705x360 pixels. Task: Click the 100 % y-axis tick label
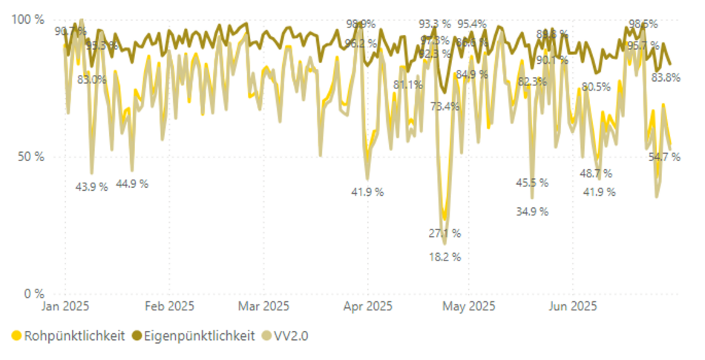click(x=27, y=19)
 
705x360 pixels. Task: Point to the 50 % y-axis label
click(x=30, y=157)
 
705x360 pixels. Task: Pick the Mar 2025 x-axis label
click(x=264, y=306)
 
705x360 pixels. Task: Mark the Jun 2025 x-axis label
click(x=572, y=306)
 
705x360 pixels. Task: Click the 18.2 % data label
click(x=445, y=258)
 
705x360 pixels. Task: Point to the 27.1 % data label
click(x=445, y=233)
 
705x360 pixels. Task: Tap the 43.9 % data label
click(x=91, y=187)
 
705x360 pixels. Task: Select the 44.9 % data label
click(x=132, y=183)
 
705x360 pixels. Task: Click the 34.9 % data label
click(x=532, y=212)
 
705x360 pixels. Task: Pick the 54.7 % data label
click(x=664, y=157)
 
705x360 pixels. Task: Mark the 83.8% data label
click(x=666, y=77)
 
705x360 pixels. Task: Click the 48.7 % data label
click(x=596, y=174)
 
